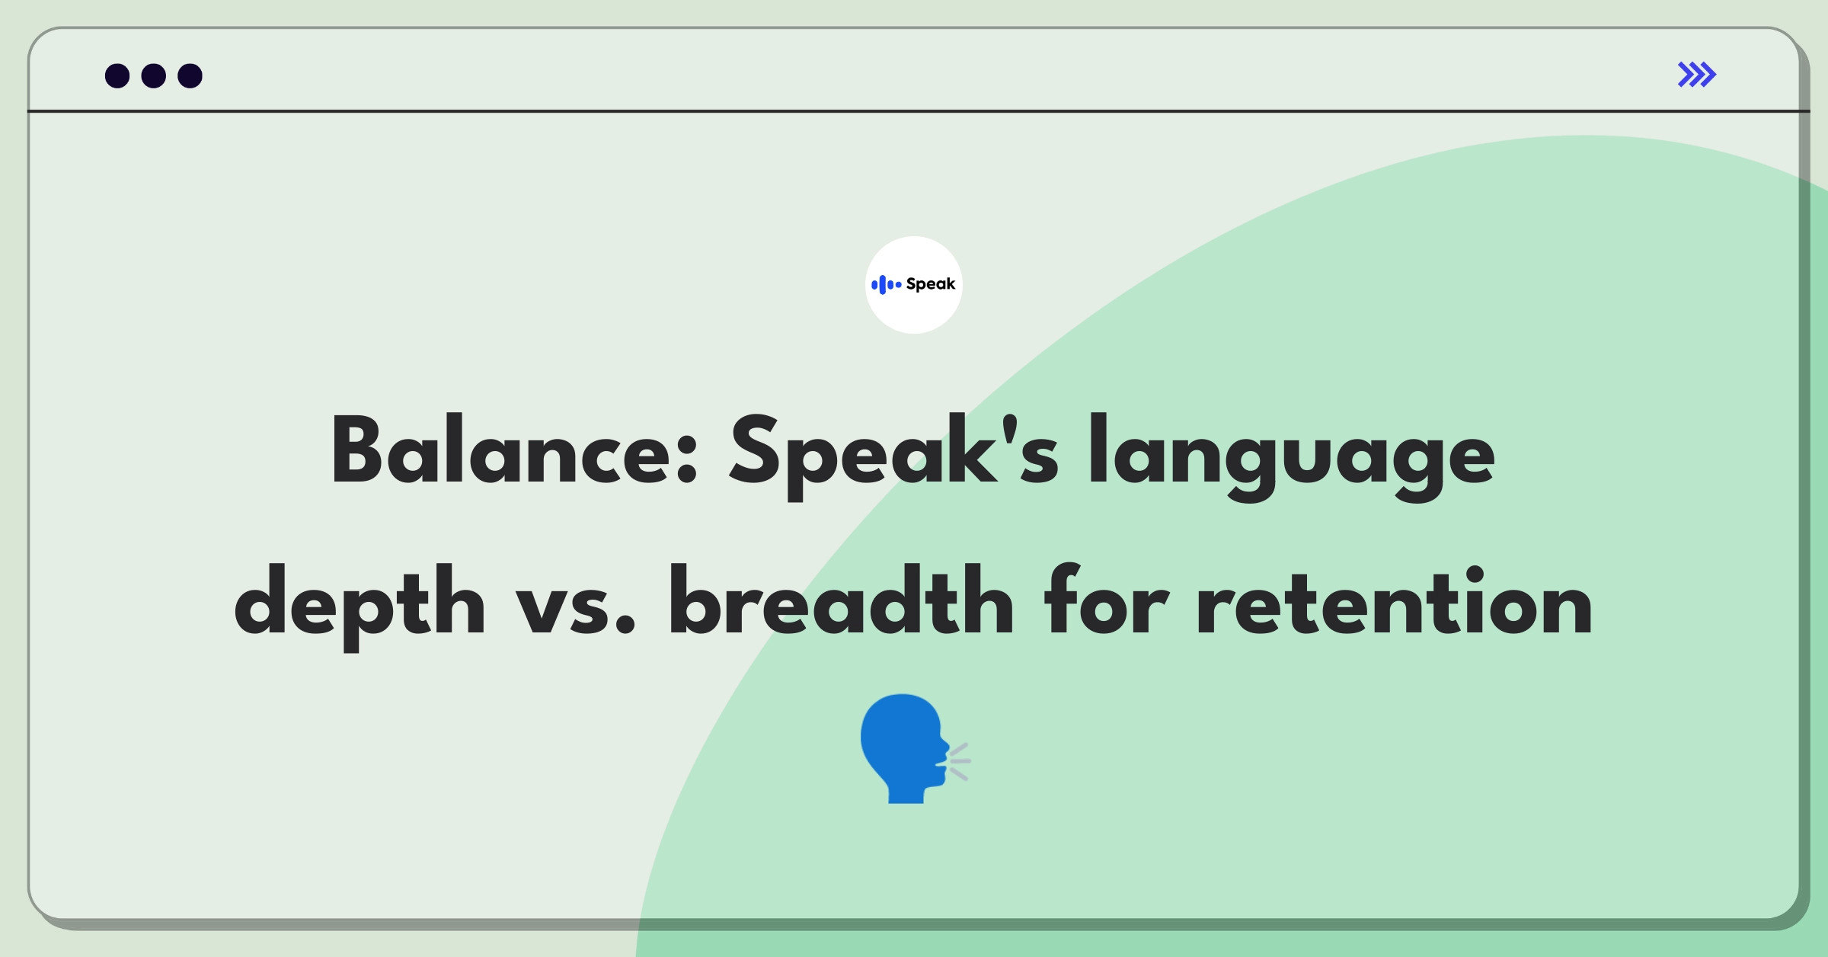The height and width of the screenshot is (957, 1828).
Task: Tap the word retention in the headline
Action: pos(1395,602)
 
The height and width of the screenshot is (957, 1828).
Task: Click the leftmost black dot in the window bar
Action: pos(117,76)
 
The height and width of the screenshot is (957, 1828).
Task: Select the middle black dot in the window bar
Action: pos(154,76)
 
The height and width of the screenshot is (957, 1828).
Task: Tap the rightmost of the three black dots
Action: pos(190,76)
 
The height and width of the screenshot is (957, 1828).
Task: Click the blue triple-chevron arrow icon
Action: pos(1696,75)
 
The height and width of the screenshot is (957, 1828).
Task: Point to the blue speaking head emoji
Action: pos(906,748)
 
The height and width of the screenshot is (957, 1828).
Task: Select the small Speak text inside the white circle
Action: pos(930,284)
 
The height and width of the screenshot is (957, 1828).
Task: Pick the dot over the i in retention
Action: pos(1475,576)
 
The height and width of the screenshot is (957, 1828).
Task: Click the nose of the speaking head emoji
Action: pos(945,741)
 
